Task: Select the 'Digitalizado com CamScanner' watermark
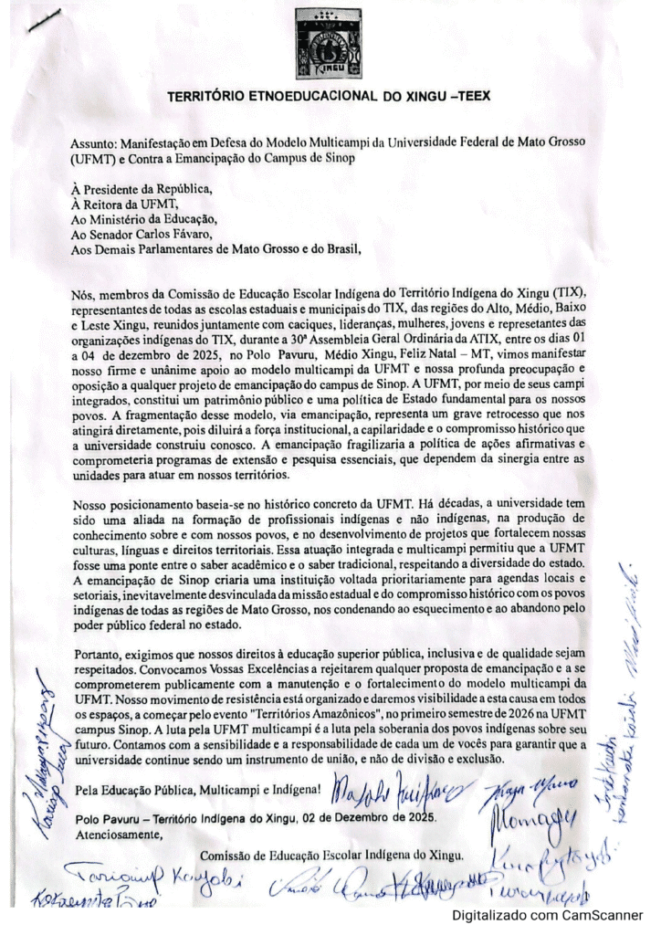[x=548, y=915]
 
